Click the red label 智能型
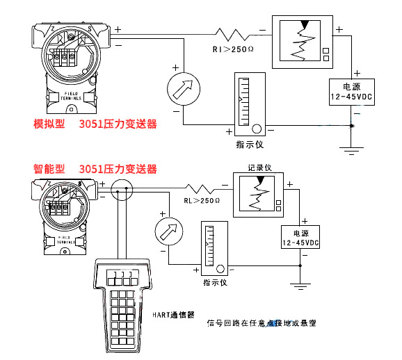coord(48,169)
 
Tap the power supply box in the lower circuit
coord(300,238)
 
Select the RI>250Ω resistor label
coord(234,49)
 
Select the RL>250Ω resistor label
coord(202,200)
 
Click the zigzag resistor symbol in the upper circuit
coord(232,33)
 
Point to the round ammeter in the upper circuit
coord(184,89)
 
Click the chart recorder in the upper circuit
coord(303,42)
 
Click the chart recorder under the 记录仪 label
coord(259,195)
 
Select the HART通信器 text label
coord(174,314)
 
